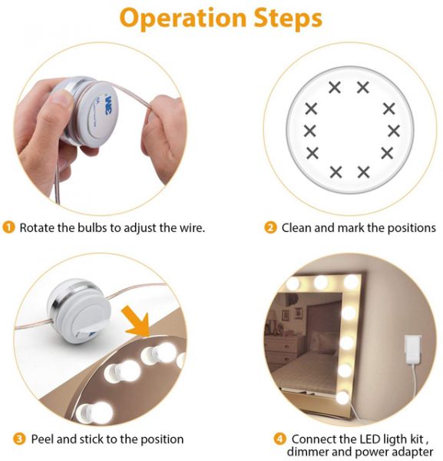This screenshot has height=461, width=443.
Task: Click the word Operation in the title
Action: [183, 18]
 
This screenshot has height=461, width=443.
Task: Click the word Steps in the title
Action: [288, 18]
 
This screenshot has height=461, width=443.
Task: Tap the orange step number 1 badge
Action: [8, 227]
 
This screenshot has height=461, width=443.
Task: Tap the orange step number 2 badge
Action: [270, 227]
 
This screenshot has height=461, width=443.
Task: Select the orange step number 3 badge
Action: [20, 439]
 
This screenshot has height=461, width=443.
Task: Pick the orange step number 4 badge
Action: [280, 439]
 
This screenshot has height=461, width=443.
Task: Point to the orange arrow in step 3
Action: [137, 320]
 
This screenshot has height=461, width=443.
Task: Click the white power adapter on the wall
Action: [412, 348]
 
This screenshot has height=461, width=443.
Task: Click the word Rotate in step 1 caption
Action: [37, 228]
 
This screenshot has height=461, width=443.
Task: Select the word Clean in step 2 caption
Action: [296, 228]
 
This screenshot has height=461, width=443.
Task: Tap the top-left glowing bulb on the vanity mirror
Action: [293, 283]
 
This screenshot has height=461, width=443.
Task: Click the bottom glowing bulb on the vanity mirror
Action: [342, 398]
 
